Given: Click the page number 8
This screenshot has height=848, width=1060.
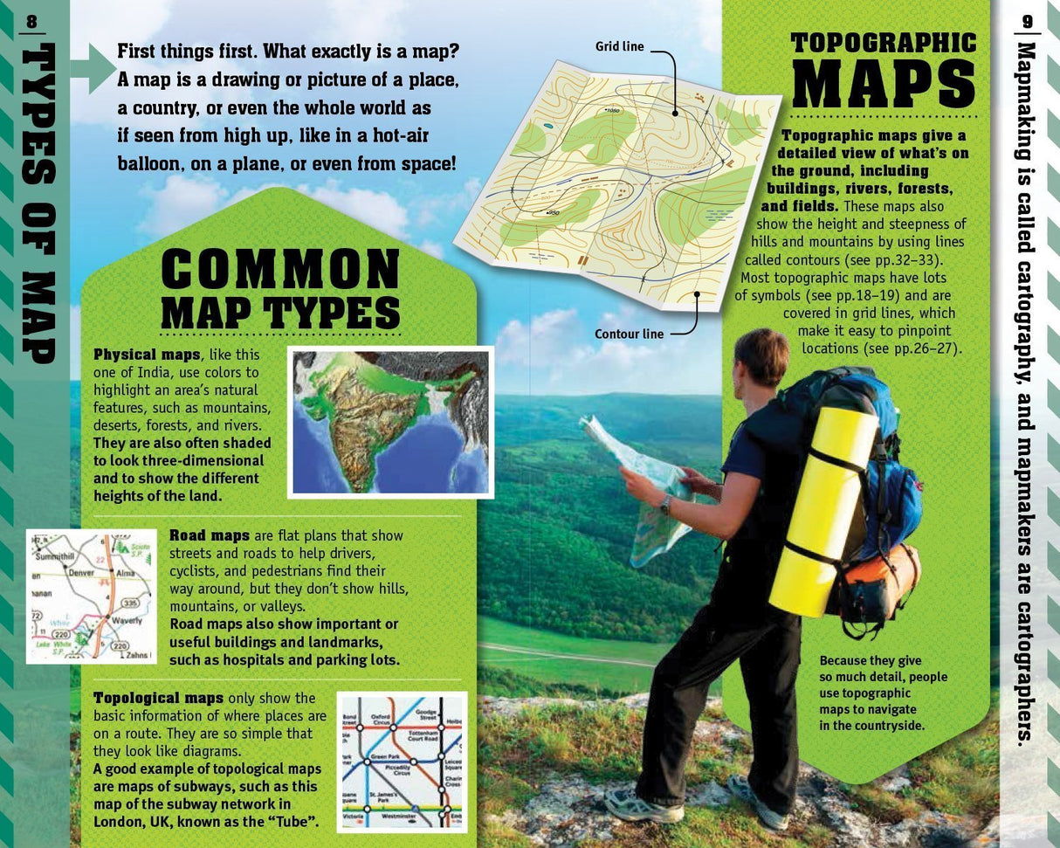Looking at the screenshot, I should pyautogui.click(x=32, y=22).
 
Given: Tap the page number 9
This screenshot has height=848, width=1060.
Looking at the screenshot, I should pyautogui.click(x=1028, y=21).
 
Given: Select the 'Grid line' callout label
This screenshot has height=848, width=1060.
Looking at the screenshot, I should pyautogui.click(x=619, y=46).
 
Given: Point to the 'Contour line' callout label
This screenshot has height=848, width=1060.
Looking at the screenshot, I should pyautogui.click(x=629, y=334).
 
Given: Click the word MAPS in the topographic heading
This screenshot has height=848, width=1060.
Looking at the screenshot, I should pyautogui.click(x=883, y=86).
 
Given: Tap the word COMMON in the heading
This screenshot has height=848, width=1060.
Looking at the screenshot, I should pyautogui.click(x=280, y=270).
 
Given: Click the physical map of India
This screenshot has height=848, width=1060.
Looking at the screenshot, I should pyautogui.click(x=390, y=422).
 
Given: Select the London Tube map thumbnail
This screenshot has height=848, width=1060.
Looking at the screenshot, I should pyautogui.click(x=402, y=762).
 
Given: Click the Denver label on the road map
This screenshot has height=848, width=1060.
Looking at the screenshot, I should pyautogui.click(x=80, y=573).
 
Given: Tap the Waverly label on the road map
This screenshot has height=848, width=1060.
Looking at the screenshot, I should pyautogui.click(x=126, y=621).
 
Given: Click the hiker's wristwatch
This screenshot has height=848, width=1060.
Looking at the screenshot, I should pyautogui.click(x=665, y=504).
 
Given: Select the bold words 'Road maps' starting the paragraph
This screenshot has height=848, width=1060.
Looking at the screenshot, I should pyautogui.click(x=209, y=535).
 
